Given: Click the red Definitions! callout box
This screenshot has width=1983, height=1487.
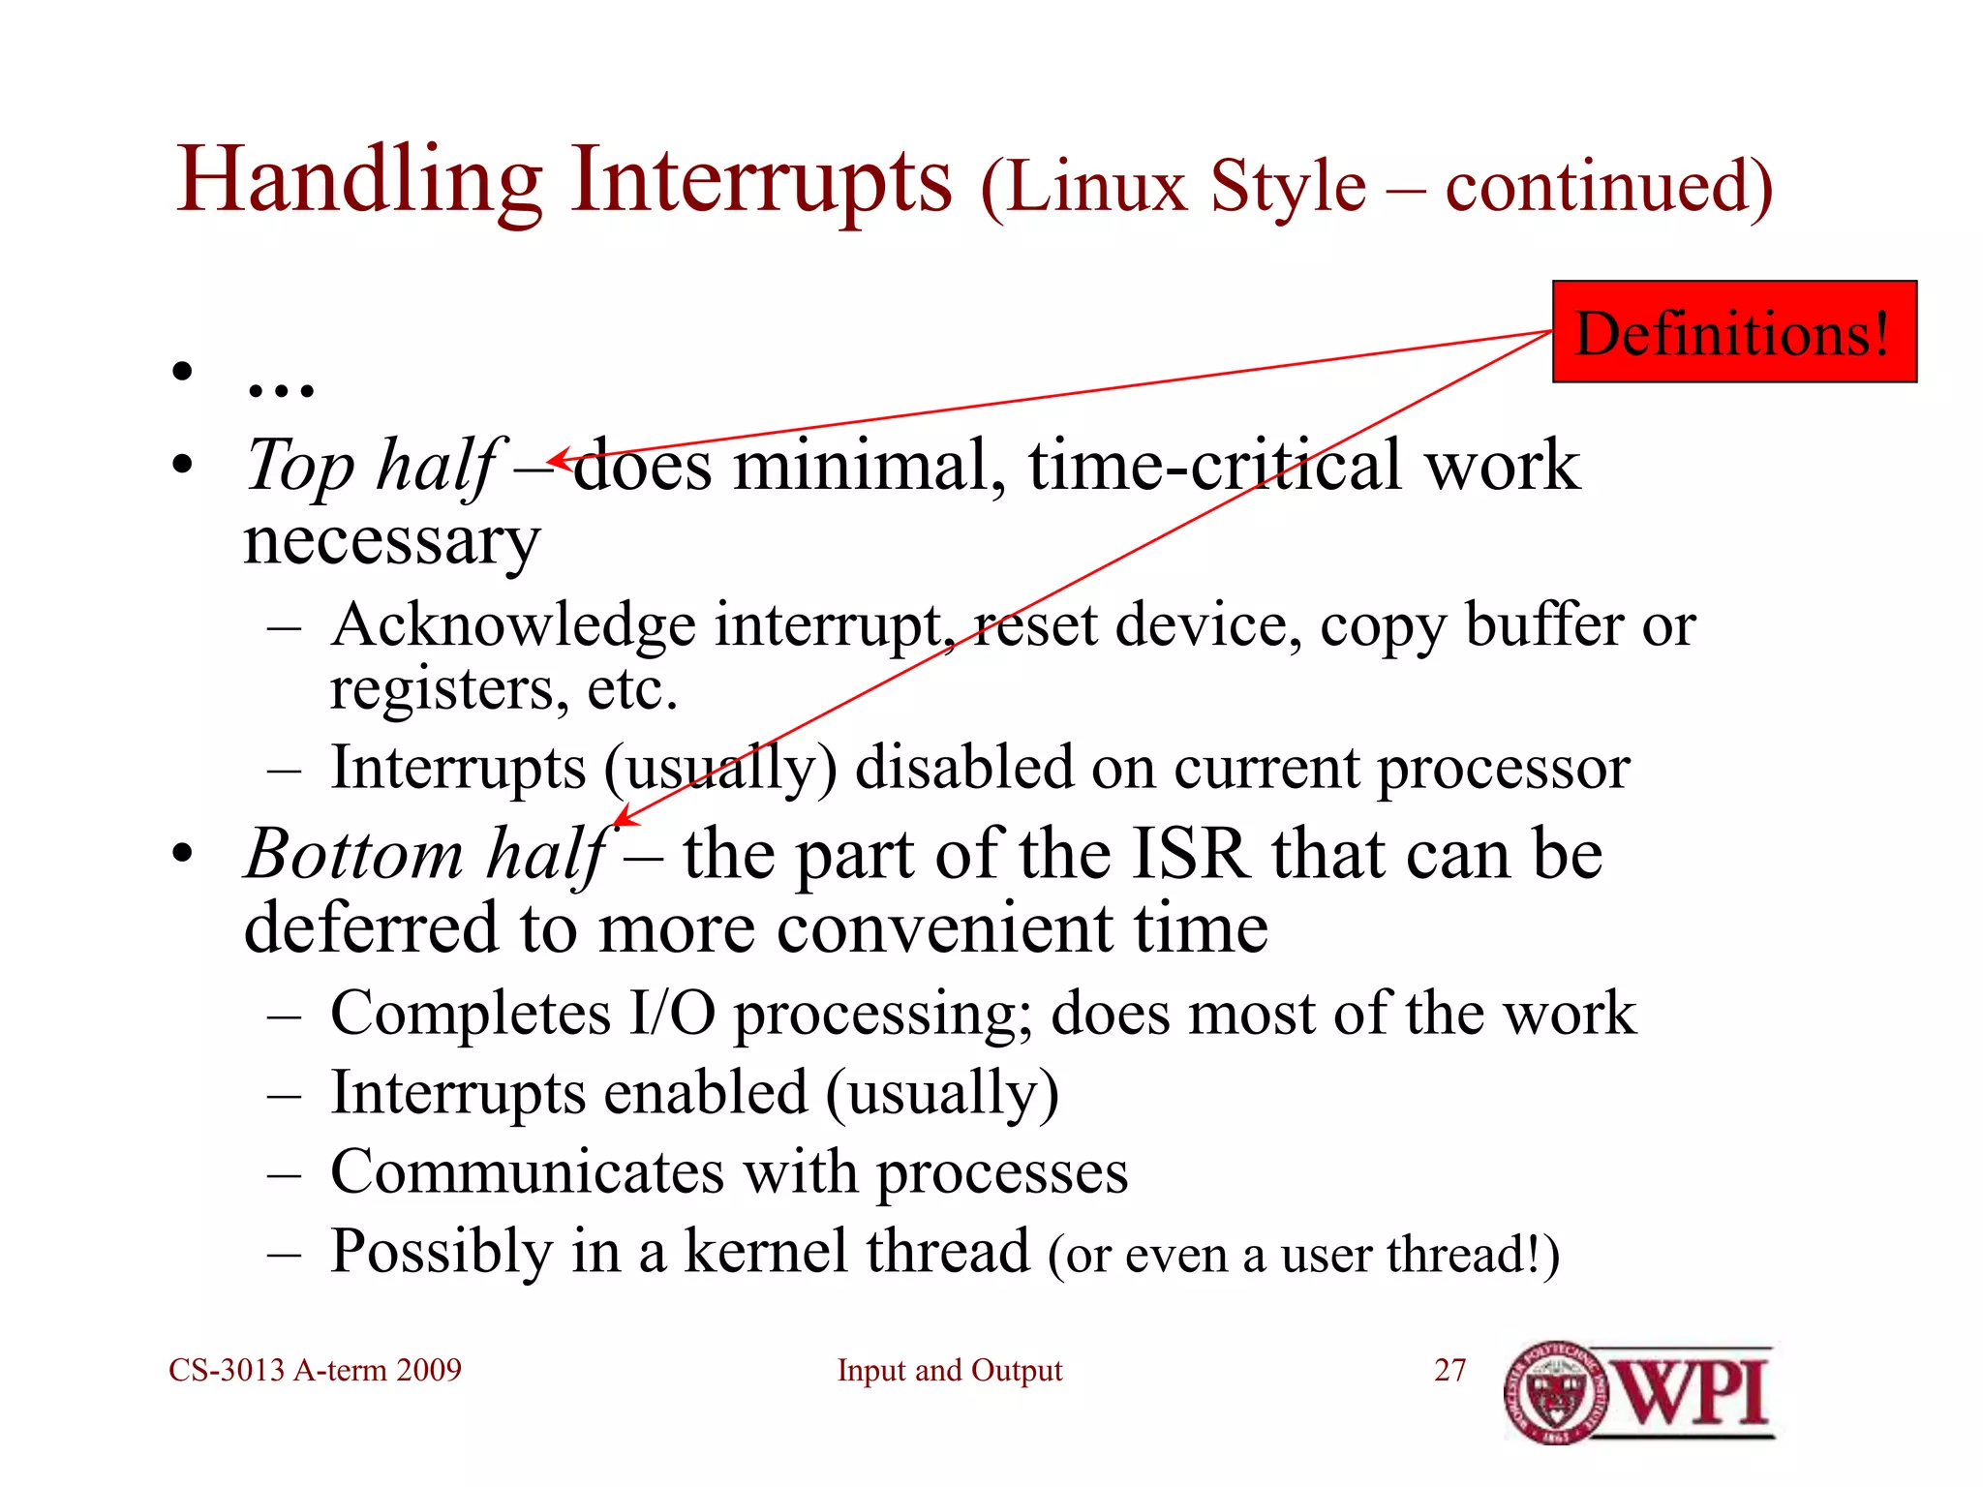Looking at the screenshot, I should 1733,332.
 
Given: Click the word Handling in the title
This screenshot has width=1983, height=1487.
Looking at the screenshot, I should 359,181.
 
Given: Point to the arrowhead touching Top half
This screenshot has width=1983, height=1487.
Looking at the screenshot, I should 554,461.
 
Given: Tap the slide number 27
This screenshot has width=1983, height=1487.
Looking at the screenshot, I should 1449,1370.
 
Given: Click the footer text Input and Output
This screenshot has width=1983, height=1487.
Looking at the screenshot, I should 949,1370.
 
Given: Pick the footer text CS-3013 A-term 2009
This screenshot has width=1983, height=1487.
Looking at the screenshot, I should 315,1370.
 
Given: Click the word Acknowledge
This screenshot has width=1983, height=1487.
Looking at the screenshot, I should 513,626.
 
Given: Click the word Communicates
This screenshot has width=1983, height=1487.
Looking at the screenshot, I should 527,1172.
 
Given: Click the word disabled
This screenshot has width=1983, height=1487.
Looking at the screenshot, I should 964,769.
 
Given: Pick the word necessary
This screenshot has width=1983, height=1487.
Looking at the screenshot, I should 391,542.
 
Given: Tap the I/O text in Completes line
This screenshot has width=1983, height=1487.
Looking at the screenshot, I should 672,1015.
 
